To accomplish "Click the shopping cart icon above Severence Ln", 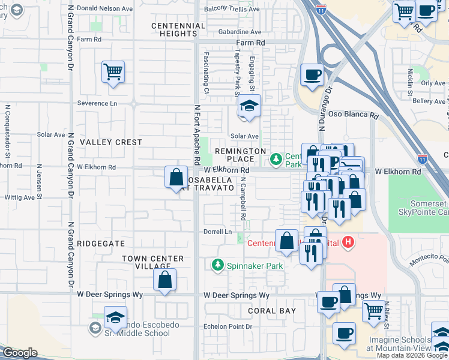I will [x=113, y=73].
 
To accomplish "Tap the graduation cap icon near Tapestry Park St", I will [x=249, y=107].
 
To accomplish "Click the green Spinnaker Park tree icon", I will [x=217, y=265].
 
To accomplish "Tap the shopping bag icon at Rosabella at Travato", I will [x=176, y=178].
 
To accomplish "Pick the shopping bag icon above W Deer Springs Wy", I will [x=164, y=280].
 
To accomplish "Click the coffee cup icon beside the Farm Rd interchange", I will [x=312, y=76].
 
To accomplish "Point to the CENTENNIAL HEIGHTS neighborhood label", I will [x=179, y=30].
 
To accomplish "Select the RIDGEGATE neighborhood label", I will [x=101, y=244].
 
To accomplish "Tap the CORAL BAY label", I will [x=272, y=311].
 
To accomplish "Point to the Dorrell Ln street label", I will [x=220, y=232].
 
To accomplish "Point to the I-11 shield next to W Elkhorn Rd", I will [x=423, y=159].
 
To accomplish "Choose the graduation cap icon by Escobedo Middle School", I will [x=115, y=317].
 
